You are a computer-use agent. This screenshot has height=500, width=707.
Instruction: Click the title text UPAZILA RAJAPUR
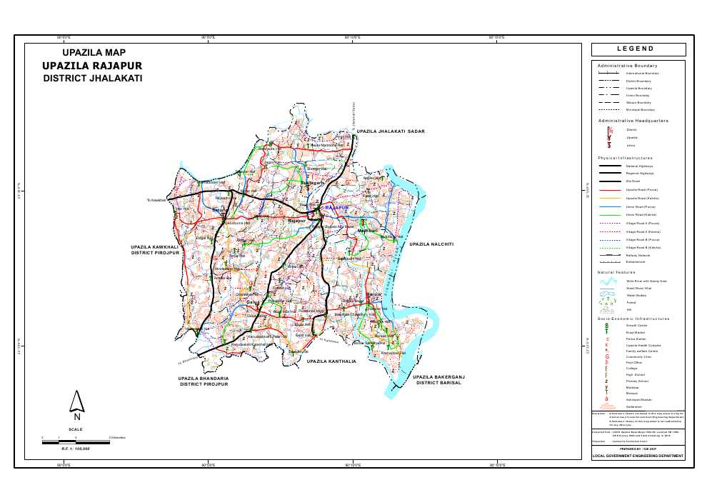coord(94,66)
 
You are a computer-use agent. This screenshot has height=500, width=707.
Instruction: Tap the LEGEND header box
coord(637,49)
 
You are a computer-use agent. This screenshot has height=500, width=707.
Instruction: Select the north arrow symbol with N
coord(76,406)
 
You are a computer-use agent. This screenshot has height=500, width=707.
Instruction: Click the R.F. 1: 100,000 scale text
coord(73,448)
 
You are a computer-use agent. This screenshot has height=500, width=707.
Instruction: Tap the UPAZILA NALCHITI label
coord(431,244)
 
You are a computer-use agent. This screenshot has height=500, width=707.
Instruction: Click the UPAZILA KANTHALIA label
coord(331,362)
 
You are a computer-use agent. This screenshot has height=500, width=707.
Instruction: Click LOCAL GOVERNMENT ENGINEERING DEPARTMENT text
coord(637,455)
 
